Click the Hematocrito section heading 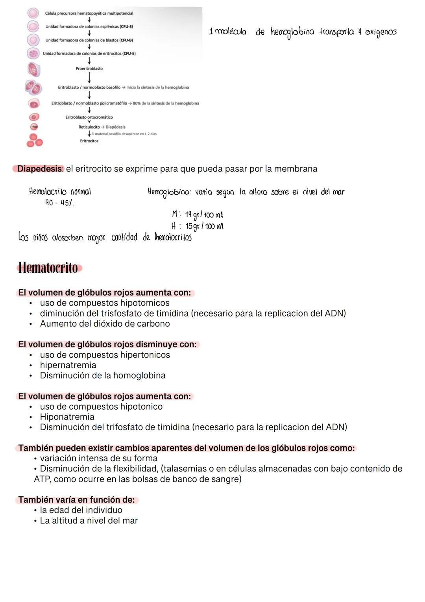(48, 268)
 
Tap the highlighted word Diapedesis (40, 169)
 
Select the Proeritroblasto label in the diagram (89, 69)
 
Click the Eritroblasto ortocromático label (89, 117)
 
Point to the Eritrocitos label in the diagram (89, 141)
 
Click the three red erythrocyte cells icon (34, 140)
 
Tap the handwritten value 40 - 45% (59, 203)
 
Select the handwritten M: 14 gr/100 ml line (198, 215)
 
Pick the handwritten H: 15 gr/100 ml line (198, 226)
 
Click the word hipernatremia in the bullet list (68, 365)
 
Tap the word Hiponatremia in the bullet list (67, 417)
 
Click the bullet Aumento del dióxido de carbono (105, 324)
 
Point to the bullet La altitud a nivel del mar (89, 520)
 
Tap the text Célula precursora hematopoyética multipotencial (89, 13)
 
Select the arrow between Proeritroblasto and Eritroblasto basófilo (89, 78)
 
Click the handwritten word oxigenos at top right (381, 32)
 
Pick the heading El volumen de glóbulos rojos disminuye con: (107, 345)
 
